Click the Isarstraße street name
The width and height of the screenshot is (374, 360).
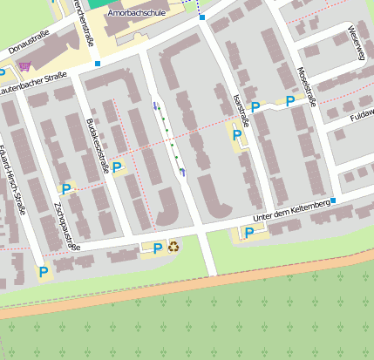point(241,111)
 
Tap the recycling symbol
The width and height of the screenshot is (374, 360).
point(173,248)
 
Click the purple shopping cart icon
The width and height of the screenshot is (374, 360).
point(24,66)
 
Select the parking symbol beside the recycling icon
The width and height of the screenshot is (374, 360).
point(157,248)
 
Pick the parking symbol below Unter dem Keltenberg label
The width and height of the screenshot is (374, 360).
point(248,233)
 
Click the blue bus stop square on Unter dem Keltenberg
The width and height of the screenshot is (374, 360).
point(333,200)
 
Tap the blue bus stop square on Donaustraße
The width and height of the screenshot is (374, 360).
point(98,64)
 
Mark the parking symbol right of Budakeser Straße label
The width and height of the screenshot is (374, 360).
point(117,166)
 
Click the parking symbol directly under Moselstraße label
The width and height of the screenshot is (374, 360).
point(289,101)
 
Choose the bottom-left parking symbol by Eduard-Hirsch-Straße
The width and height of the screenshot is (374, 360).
point(43,272)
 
